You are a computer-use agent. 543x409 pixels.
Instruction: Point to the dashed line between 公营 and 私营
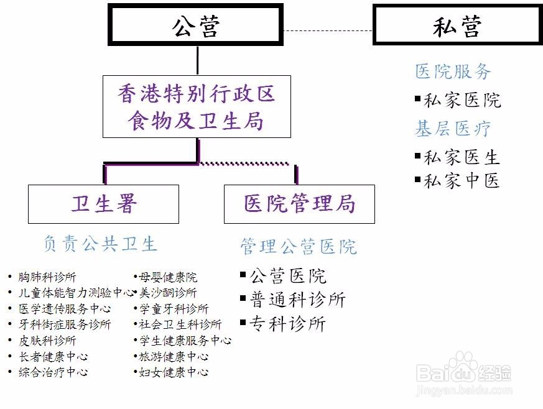pyautogui.click(x=328, y=31)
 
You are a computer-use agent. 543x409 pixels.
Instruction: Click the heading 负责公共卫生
pyautogui.click(x=100, y=244)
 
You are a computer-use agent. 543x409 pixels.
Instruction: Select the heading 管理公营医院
pyautogui.click(x=299, y=246)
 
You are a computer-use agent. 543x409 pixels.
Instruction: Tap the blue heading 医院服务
pyautogui.click(x=453, y=71)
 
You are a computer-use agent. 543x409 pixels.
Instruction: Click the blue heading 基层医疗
pyautogui.click(x=453, y=129)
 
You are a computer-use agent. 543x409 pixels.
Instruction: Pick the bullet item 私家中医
pyautogui.click(x=457, y=181)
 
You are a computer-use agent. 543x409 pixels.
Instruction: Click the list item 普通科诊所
pyautogui.click(x=293, y=300)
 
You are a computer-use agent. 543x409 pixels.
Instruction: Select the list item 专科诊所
pyautogui.click(x=283, y=324)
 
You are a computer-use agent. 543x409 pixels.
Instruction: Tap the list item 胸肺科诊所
pyautogui.click(x=42, y=277)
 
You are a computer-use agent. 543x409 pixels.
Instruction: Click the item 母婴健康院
pyautogui.click(x=165, y=277)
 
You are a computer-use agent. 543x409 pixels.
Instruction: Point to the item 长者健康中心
pyautogui.click(x=48, y=356)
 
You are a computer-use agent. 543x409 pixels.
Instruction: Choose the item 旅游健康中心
pyautogui.click(x=172, y=356)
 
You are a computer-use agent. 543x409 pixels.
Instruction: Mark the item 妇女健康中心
pyautogui.click(x=172, y=372)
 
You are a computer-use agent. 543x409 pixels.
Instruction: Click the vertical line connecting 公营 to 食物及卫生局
pyautogui.click(x=197, y=60)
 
